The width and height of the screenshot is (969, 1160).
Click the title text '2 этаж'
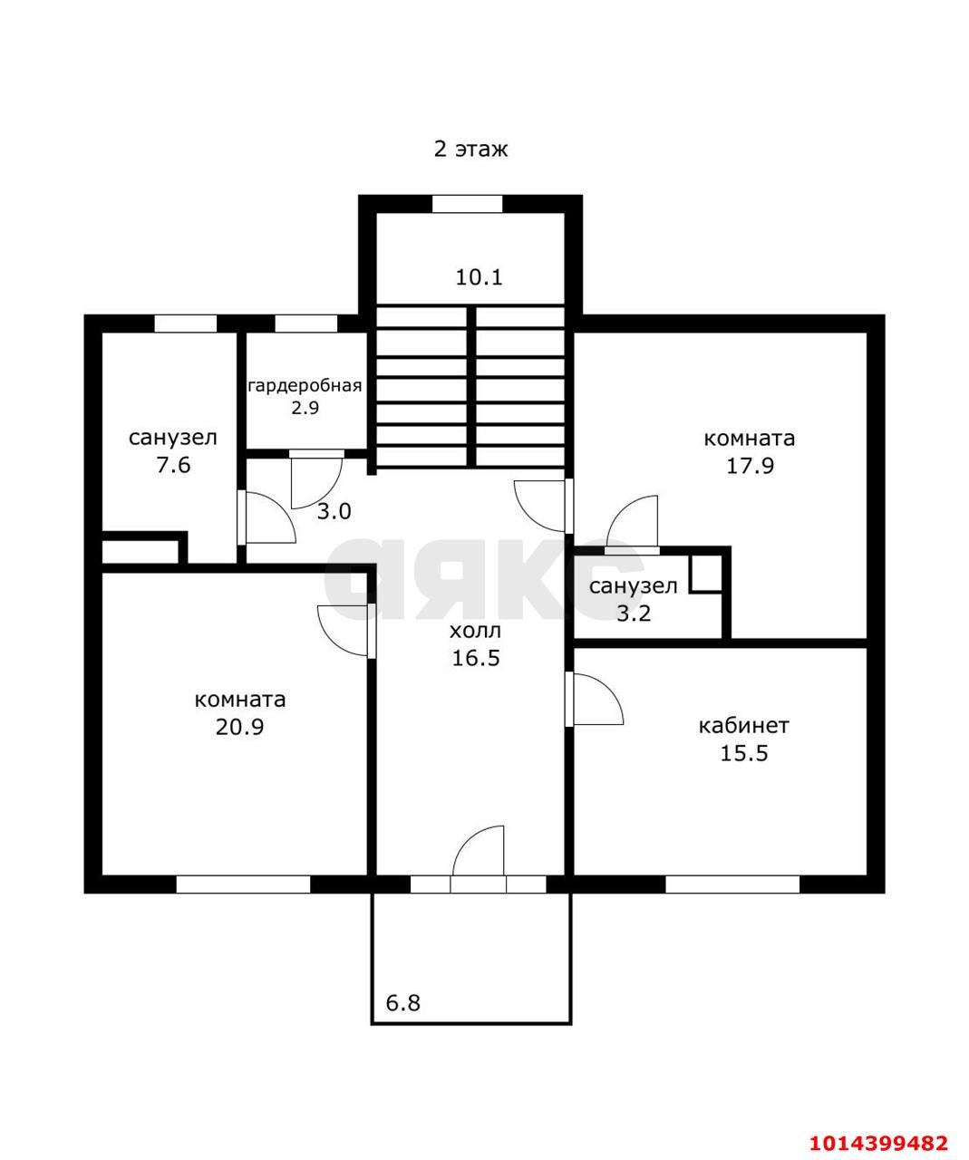click(470, 149)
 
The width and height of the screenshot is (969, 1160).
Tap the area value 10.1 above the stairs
click(479, 276)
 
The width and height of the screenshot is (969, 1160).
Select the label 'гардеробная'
click(305, 386)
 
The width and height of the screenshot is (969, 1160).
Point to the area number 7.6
click(173, 464)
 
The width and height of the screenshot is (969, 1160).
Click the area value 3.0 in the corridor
click(334, 511)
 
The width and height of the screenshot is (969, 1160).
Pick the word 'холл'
click(475, 631)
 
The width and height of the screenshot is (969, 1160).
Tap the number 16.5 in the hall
click(476, 658)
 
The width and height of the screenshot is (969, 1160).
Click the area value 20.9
click(239, 727)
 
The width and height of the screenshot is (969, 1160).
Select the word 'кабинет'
click(743, 726)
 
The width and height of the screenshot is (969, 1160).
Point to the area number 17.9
click(750, 466)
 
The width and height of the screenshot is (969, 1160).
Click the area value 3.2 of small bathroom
click(634, 614)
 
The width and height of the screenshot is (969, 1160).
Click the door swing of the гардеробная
click(316, 481)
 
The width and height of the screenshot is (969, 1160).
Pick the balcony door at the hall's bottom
click(479, 859)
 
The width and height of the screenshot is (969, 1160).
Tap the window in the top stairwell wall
click(467, 204)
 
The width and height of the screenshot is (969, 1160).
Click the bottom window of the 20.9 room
click(243, 884)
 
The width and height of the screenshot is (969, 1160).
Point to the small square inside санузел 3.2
click(706, 573)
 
